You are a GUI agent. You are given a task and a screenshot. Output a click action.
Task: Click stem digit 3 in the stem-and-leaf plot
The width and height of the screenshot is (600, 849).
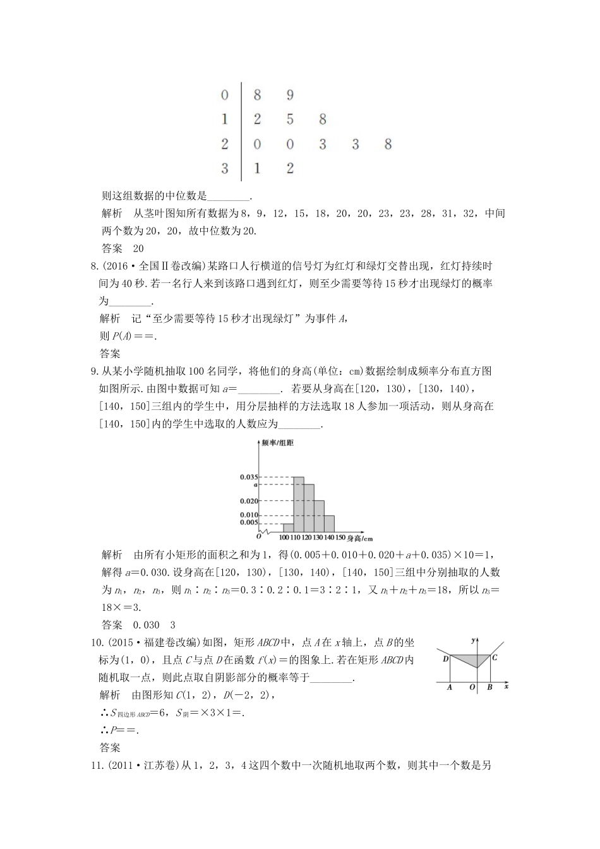click(225, 169)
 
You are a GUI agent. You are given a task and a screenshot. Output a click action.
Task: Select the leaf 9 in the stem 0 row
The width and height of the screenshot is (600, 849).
click(290, 95)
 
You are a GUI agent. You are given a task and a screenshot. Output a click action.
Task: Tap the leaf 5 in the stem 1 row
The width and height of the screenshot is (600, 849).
click(290, 119)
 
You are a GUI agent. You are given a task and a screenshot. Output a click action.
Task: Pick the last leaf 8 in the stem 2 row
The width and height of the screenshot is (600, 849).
click(388, 145)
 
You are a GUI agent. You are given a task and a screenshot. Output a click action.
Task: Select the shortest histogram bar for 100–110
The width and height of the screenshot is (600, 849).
click(288, 527)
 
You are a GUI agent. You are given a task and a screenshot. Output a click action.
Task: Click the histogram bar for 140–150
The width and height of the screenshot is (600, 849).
click(329, 524)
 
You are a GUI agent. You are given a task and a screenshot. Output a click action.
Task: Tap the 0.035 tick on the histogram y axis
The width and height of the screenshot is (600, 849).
click(248, 477)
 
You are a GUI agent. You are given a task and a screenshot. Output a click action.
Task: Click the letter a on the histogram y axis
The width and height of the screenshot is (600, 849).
click(255, 485)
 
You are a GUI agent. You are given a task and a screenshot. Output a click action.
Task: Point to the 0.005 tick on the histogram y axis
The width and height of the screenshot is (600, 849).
click(248, 522)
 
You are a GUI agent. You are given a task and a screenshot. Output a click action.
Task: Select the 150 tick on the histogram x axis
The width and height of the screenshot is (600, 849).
click(340, 538)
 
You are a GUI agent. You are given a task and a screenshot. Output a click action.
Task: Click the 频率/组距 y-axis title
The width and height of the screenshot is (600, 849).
click(277, 443)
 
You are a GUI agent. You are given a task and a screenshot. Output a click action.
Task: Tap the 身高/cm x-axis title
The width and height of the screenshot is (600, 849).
click(360, 538)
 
